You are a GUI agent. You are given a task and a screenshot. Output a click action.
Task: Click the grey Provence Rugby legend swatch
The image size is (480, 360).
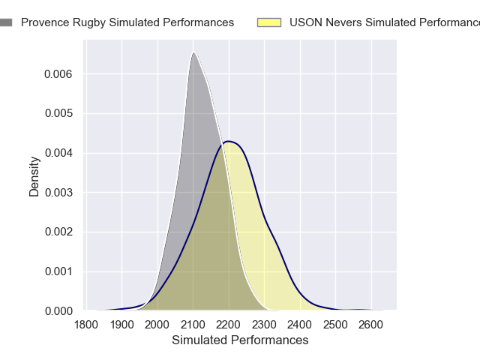[6, 22]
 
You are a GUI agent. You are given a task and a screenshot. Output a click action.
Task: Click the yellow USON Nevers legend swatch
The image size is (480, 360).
[268, 22]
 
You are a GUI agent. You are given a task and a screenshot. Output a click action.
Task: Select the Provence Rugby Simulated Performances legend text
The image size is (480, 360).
[127, 22]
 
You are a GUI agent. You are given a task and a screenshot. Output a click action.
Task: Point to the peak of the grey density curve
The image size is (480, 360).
[193, 52]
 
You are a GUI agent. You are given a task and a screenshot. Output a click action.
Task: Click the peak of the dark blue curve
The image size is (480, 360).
[229, 141]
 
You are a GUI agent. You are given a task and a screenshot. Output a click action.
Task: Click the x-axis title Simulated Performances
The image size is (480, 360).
[240, 340]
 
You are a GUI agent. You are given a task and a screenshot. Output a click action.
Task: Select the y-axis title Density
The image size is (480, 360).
[34, 176]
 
